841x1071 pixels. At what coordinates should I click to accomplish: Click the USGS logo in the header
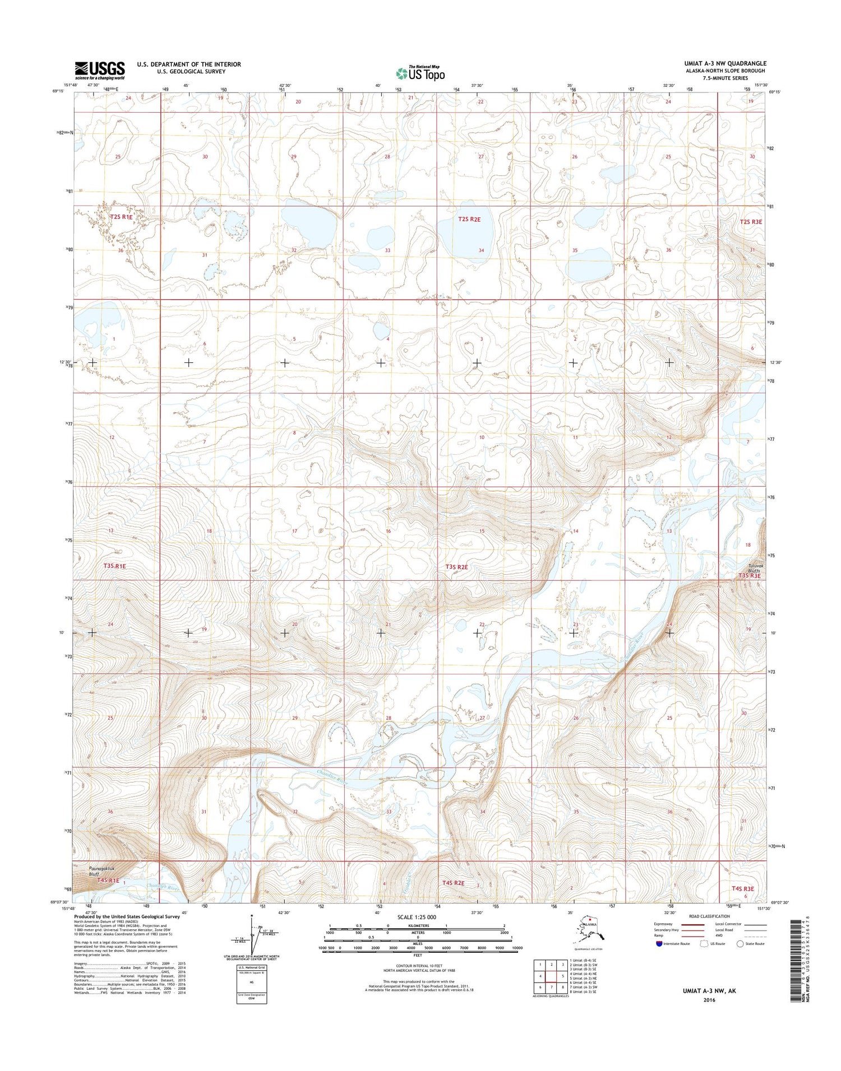(100, 70)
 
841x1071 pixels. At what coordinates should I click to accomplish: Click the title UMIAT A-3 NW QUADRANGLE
(725, 64)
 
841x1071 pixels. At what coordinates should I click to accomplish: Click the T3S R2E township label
(456, 567)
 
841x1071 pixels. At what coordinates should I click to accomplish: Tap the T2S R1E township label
(121, 217)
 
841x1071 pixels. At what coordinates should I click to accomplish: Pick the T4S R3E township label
(742, 889)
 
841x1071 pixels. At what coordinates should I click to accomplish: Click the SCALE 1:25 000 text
(417, 918)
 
